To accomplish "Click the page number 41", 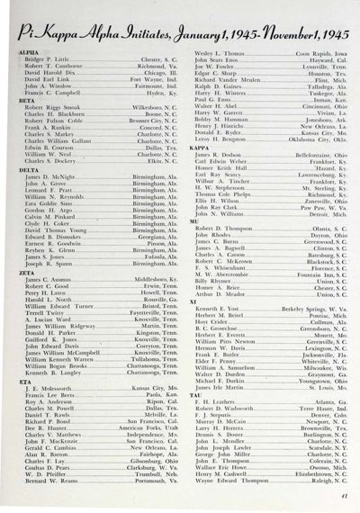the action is [345, 494].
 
